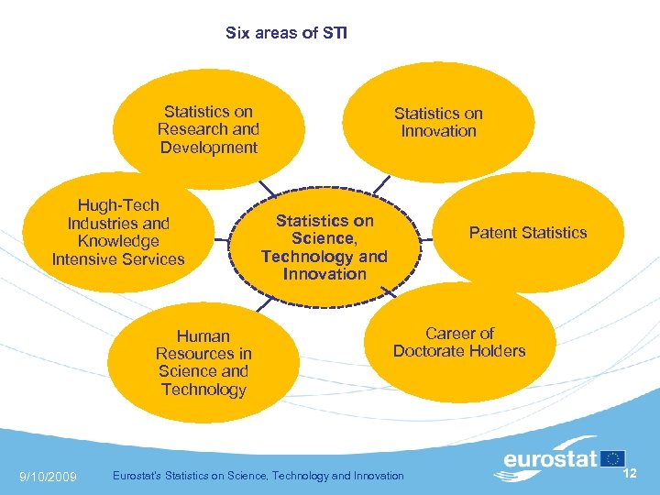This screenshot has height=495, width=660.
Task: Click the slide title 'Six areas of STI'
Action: point(286,33)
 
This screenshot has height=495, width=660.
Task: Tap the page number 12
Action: point(630,473)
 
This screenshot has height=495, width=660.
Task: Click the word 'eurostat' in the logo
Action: point(550,458)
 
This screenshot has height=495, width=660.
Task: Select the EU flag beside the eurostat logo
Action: point(612,457)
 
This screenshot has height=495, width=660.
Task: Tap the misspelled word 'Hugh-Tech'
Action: point(118,205)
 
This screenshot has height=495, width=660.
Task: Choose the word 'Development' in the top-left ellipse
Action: point(208,148)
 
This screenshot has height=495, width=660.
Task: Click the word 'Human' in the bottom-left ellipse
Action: point(203,336)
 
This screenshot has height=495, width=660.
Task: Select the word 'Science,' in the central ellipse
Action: point(324,238)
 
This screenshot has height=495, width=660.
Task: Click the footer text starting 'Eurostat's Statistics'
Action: point(257,476)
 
